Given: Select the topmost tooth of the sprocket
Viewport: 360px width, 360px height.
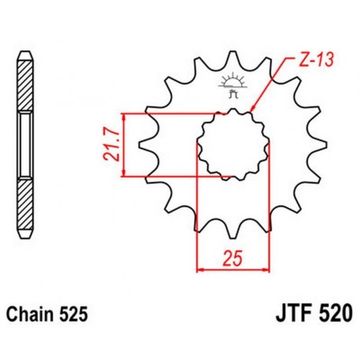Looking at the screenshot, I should [x=233, y=61].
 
